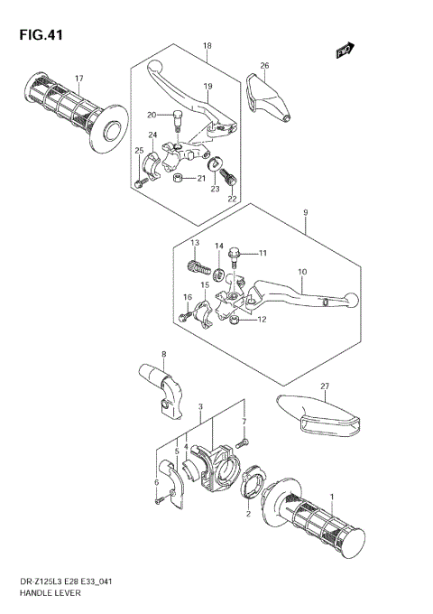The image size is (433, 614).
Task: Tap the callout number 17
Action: coord(78,78)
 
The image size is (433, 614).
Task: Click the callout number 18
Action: coord(207,45)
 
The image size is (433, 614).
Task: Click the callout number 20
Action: coord(152,114)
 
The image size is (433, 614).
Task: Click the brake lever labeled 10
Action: coord(307,293)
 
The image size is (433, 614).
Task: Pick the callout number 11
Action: coord(263,252)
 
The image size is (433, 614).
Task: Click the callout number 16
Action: coord(188,296)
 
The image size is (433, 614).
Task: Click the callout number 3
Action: coord(200,407)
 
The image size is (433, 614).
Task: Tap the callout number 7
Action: coord(244,423)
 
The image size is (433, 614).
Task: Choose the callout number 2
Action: coord(248,516)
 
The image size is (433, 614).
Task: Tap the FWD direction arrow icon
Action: coord(345,51)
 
